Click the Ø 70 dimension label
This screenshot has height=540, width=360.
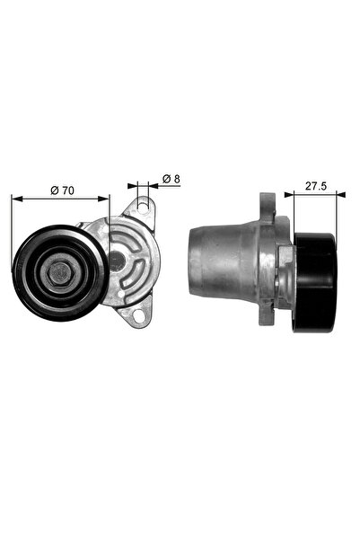(61, 190)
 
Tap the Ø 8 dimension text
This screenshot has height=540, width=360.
(171, 180)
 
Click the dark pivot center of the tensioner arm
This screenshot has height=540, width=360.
(116, 261)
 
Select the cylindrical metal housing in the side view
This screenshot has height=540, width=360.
(229, 260)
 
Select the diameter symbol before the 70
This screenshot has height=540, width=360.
(53, 190)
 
